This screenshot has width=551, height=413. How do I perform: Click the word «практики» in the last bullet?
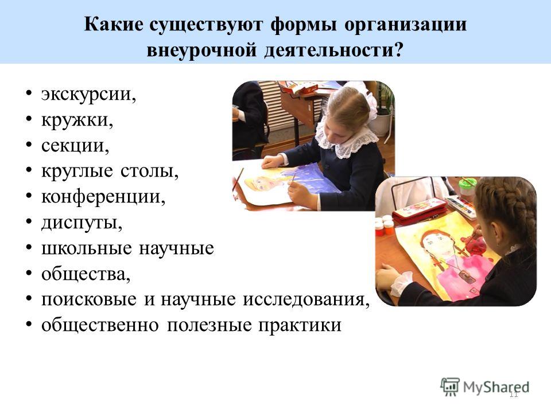(x=300, y=325)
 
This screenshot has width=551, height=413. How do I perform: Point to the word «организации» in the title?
(x=406, y=25)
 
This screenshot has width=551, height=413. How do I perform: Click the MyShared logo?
(x=485, y=387)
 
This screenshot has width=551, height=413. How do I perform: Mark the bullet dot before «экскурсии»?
(x=29, y=93)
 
